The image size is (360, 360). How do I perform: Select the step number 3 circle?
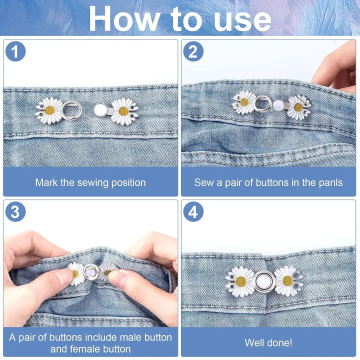coord(15,212)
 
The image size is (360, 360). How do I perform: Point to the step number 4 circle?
coord(193,212)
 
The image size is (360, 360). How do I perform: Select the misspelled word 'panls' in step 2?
coord(330,182)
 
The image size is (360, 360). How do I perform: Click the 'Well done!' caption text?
coord(268,343)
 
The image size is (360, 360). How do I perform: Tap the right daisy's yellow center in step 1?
coord(122,111)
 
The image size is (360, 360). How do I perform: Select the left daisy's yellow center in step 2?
coord(244,102)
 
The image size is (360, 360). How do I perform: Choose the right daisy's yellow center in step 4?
coord(287,280)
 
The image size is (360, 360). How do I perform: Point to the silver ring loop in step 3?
coord(91,272)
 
